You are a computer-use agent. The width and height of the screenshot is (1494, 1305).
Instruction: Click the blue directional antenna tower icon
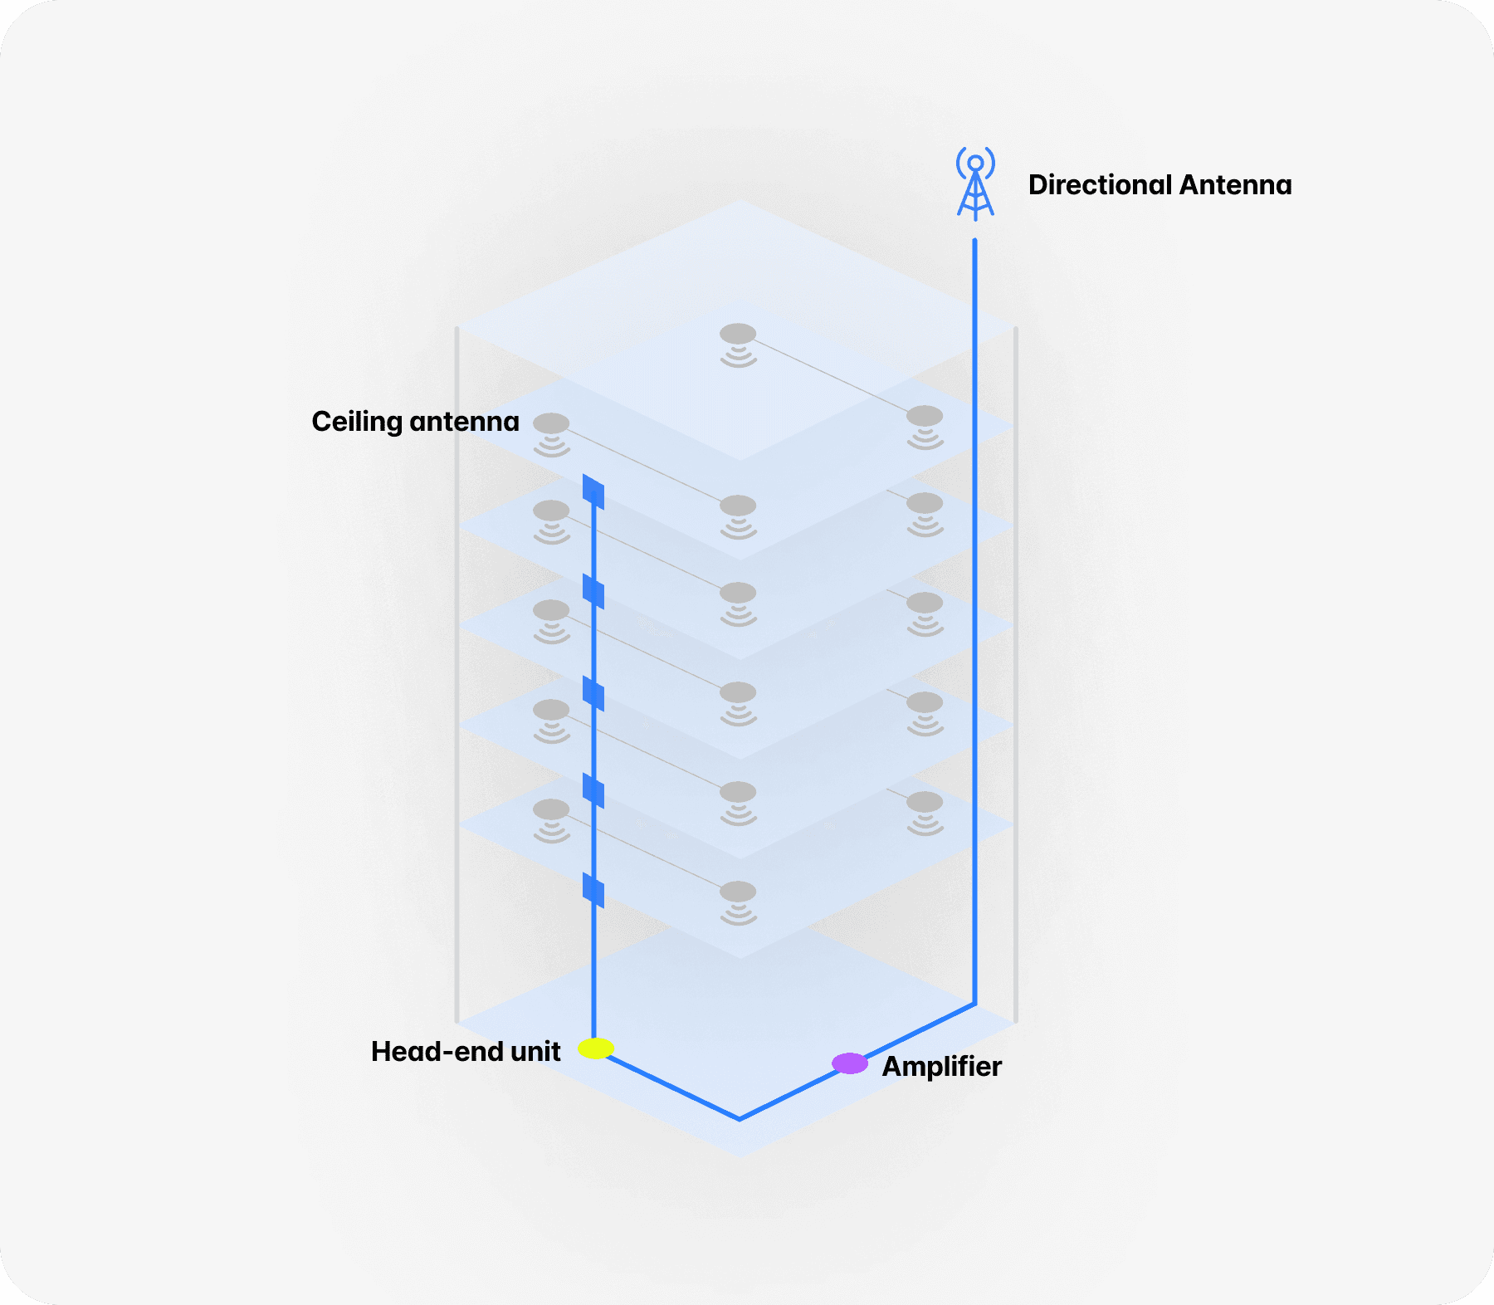click(x=975, y=184)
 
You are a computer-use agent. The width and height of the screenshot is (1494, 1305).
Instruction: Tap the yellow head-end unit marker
click(x=596, y=1048)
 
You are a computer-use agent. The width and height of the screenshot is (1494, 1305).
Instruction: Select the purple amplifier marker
click(x=849, y=1063)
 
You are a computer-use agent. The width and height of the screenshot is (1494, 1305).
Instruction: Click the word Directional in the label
click(x=1100, y=184)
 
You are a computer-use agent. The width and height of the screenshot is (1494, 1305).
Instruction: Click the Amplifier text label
click(x=941, y=1066)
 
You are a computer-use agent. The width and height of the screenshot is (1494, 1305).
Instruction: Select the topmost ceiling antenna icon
click(x=738, y=344)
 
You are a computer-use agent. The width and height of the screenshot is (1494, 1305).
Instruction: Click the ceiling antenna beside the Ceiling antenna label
click(x=551, y=433)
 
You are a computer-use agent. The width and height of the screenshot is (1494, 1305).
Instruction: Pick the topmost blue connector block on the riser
click(x=593, y=491)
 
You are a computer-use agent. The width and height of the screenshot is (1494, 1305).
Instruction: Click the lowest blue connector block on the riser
click(x=593, y=890)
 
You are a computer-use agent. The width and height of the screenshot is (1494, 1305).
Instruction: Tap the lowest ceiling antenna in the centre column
click(x=738, y=902)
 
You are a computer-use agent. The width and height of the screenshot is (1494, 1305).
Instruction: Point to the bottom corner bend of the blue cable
click(x=740, y=1118)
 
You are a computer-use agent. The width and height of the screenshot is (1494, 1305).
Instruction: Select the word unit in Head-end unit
click(x=535, y=1052)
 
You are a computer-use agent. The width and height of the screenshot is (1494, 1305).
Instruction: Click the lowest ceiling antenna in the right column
click(x=925, y=812)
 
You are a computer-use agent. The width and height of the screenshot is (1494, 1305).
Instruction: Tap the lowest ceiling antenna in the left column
click(x=551, y=819)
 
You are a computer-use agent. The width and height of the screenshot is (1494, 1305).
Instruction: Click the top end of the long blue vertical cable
click(x=974, y=242)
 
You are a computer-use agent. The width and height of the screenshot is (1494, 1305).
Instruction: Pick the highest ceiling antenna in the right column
click(x=925, y=426)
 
